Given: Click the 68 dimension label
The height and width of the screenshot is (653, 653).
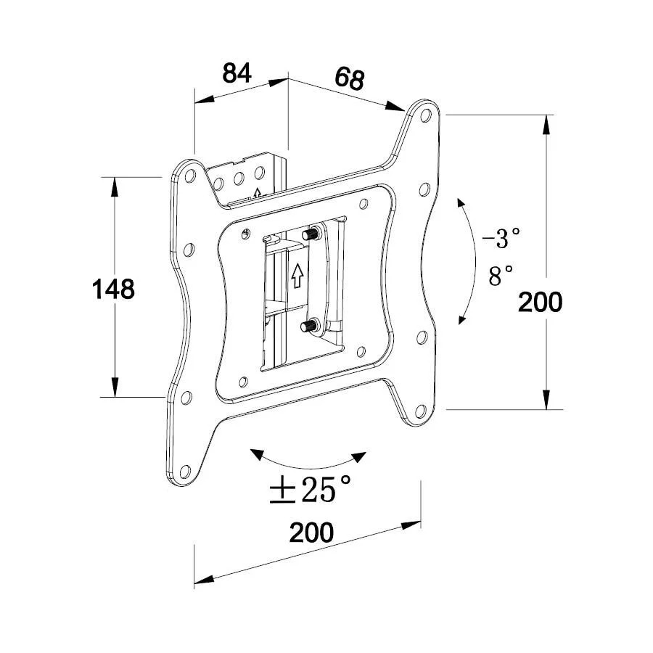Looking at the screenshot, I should [349, 78].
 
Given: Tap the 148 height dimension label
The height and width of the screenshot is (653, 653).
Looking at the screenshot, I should [113, 289].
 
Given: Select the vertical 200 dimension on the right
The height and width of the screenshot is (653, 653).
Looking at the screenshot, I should [540, 301].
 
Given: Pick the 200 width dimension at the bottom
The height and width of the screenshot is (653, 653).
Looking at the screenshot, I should [311, 533].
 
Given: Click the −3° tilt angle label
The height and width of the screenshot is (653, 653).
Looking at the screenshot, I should [501, 237].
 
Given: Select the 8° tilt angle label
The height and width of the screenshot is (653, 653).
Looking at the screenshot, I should [501, 276].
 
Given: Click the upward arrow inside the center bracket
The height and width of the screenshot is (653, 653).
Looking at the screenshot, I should [296, 276].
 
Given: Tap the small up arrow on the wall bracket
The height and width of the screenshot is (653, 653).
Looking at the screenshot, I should [257, 193].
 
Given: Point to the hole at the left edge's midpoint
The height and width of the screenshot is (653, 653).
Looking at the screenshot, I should [188, 249].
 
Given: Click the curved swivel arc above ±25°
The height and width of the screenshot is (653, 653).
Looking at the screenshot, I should [308, 462].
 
